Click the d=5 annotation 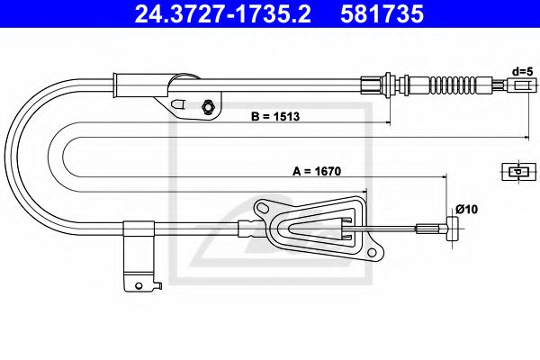521,70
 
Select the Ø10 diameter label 465,210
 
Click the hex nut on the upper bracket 208,107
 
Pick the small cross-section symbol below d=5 517,171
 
